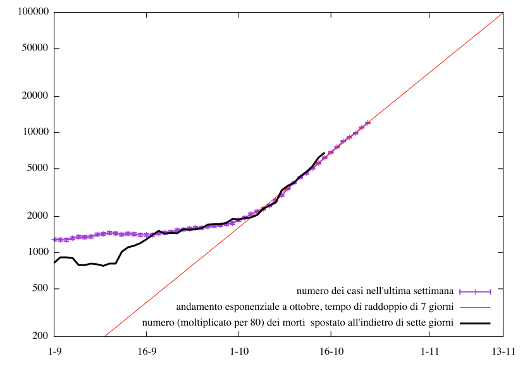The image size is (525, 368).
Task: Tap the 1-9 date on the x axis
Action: [x=55, y=350]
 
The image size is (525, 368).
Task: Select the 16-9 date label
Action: [x=147, y=350]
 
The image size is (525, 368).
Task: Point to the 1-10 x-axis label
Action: [x=239, y=350]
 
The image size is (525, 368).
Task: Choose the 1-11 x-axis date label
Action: [x=429, y=350]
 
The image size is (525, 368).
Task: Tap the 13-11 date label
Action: [x=503, y=350]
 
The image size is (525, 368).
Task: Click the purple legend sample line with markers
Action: [x=475, y=291]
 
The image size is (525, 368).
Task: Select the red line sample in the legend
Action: [x=475, y=307]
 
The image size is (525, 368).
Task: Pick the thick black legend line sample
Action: [x=475, y=323]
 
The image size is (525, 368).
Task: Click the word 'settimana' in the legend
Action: [x=436, y=291]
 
